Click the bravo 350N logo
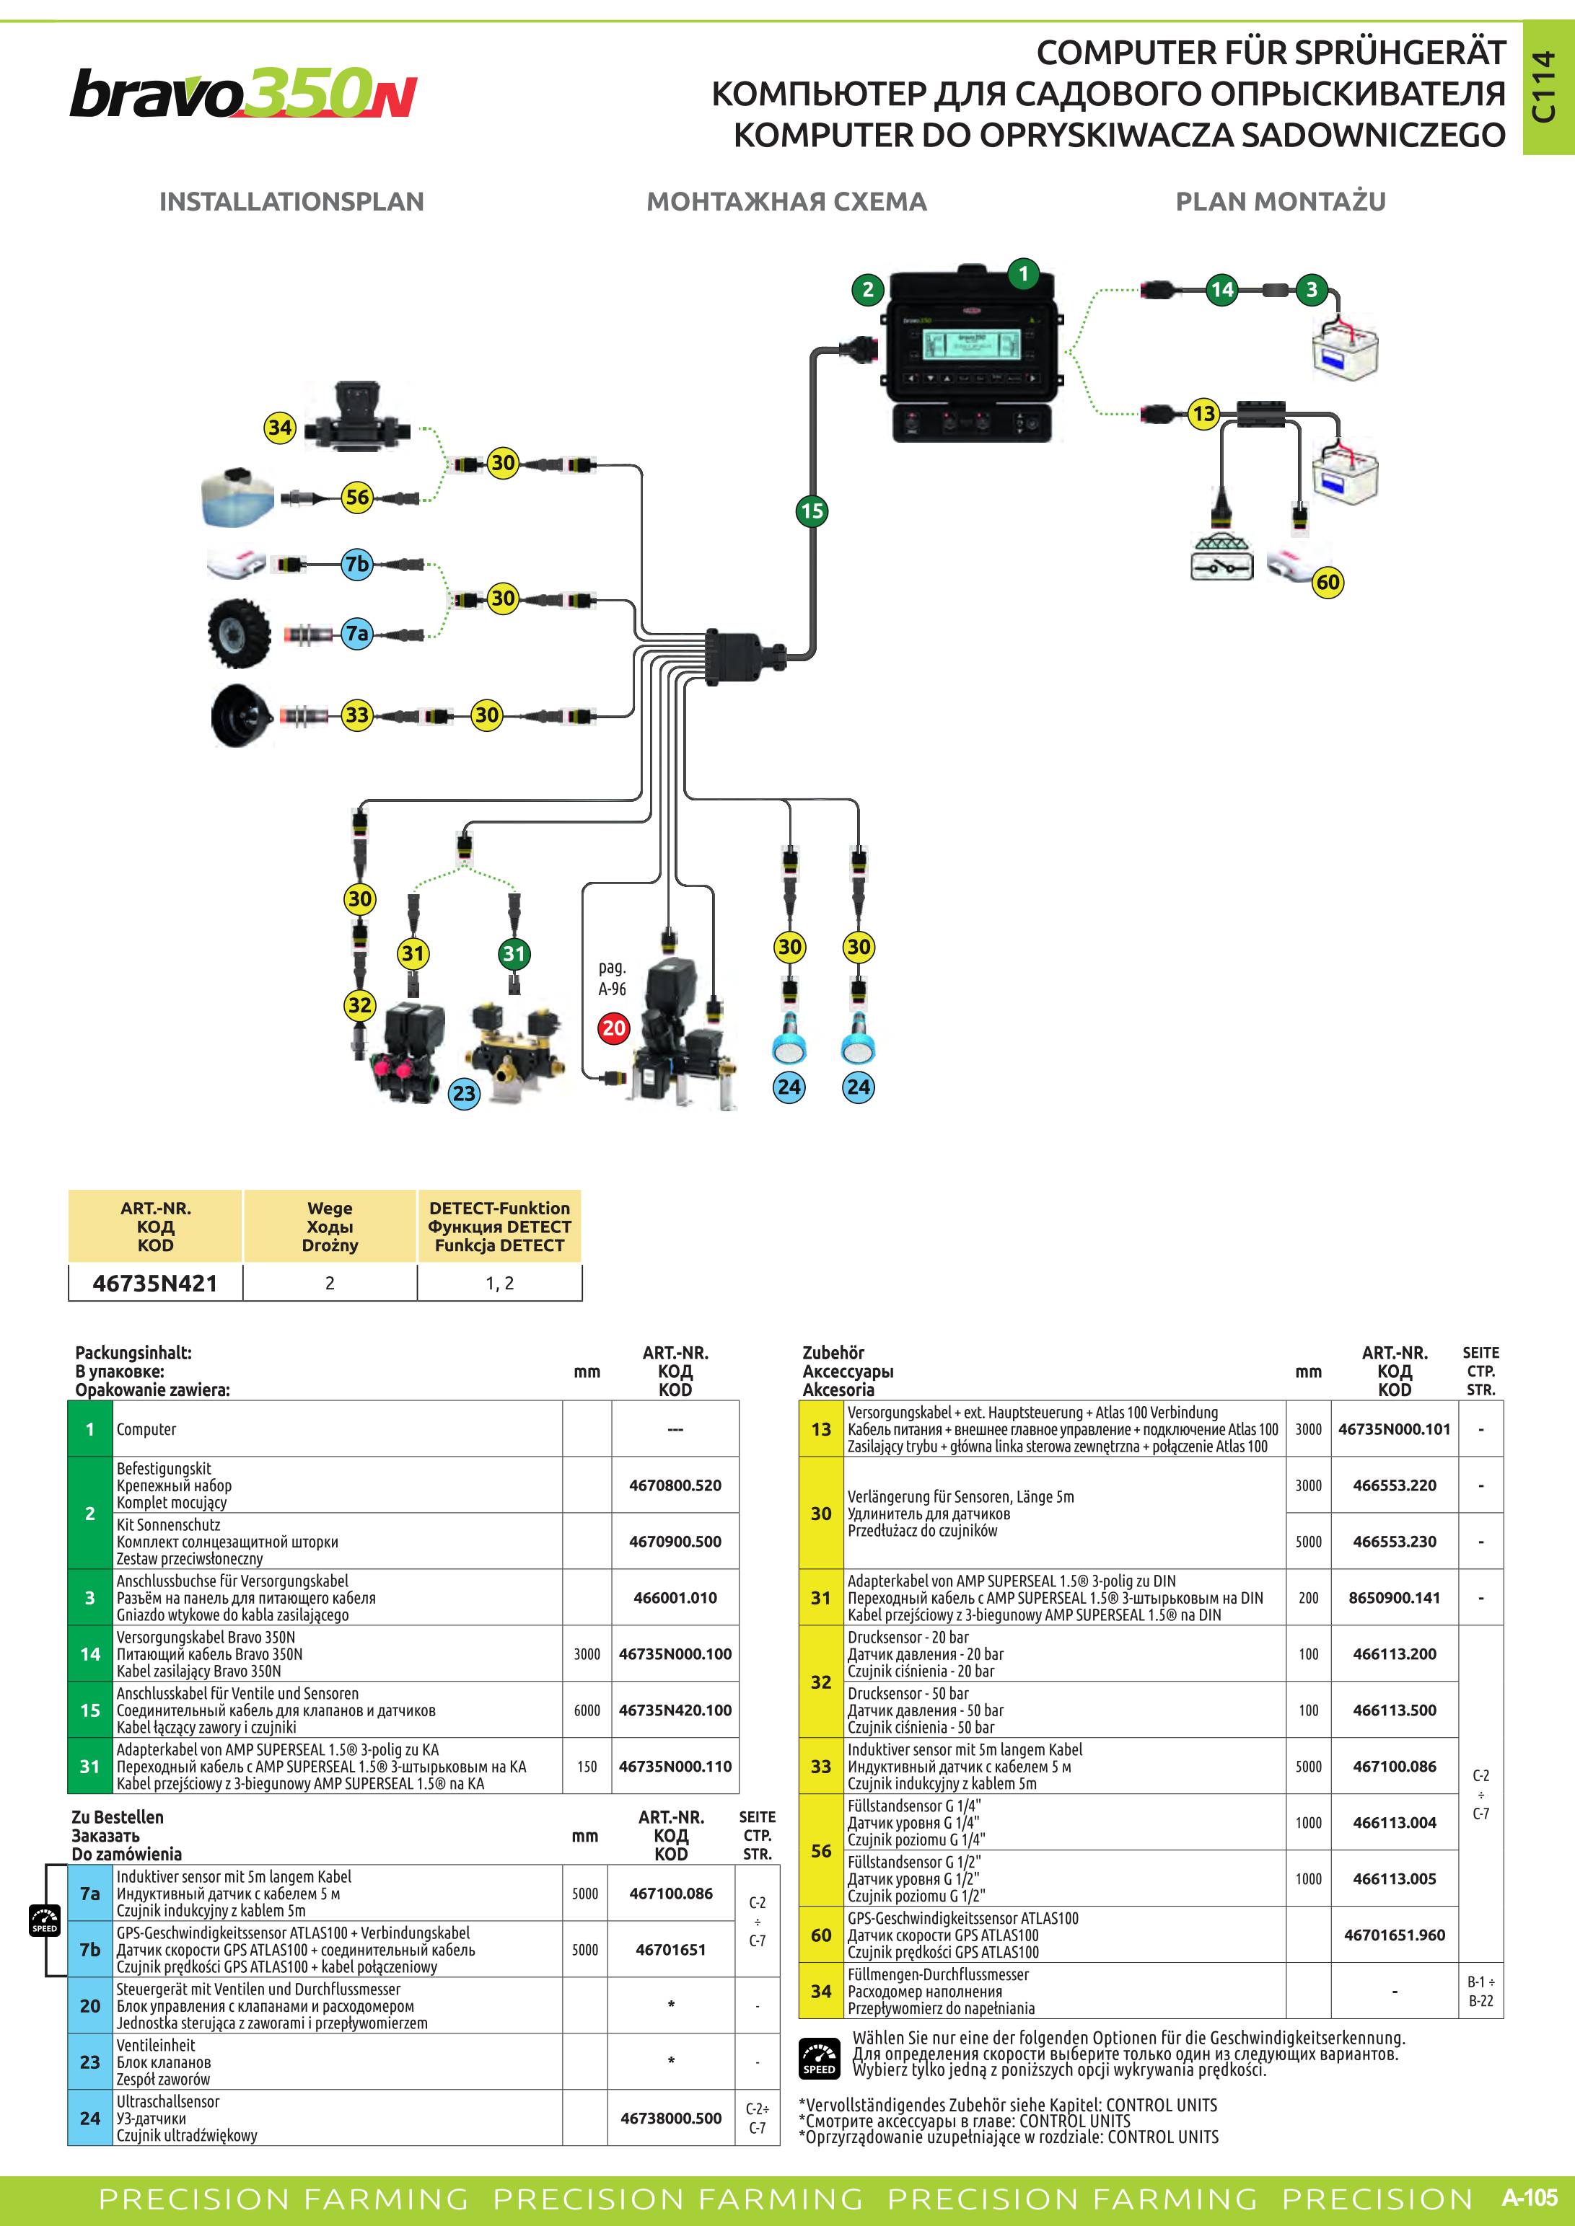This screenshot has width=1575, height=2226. pos(243,93)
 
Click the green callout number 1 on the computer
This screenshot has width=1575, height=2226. pos(1023,274)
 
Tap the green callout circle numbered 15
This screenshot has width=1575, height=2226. pos(812,511)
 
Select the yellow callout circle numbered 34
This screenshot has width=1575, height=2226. pos(280,428)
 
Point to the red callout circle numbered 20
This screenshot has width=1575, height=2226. pos(614,1028)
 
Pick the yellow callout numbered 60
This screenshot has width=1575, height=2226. pos(1328,582)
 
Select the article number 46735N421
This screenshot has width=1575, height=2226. pos(155,1283)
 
